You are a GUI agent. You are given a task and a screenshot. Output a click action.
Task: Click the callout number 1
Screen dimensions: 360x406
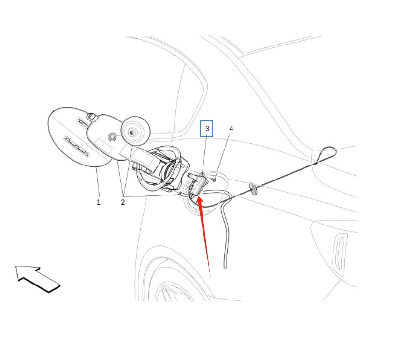point(99,202)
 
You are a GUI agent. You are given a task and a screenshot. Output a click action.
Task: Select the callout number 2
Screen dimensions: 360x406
point(123,202)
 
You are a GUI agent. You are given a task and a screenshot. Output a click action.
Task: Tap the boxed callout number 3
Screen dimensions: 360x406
point(207,129)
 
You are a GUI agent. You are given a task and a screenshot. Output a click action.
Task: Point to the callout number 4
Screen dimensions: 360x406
point(231,129)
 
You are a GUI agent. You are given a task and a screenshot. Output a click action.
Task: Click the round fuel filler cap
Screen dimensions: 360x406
point(135,130)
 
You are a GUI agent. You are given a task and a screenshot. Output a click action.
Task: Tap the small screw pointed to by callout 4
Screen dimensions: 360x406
point(214,180)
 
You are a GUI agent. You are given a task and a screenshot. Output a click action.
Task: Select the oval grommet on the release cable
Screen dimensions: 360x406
point(252,188)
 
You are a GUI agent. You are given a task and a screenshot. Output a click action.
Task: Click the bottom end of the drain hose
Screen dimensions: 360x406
point(225,266)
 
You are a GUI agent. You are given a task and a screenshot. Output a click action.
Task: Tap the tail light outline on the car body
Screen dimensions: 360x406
point(341,252)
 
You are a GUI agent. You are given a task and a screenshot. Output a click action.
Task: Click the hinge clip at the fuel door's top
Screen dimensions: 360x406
point(90,116)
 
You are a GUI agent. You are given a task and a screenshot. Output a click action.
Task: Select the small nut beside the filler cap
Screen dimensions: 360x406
point(112,137)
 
